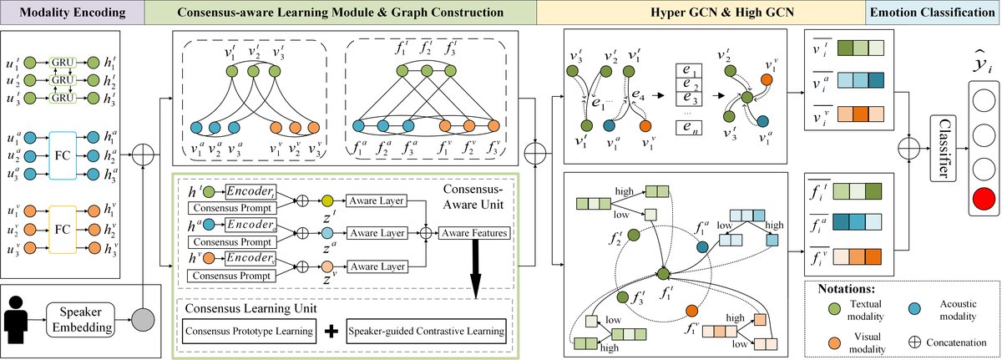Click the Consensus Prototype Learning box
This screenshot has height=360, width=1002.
(250, 331)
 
